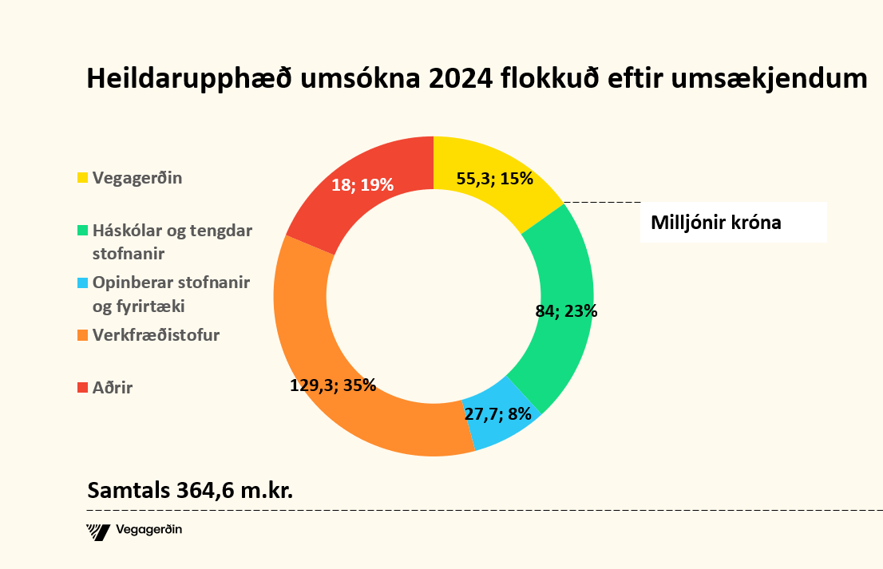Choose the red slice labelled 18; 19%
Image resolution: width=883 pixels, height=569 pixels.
tap(351, 200)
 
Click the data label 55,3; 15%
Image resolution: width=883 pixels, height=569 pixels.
tap(494, 179)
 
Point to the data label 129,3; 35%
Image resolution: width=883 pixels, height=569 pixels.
tap(332, 385)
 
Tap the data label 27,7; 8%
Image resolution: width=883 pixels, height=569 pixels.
tap(499, 414)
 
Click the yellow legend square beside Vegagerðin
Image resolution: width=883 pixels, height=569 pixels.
tap(82, 178)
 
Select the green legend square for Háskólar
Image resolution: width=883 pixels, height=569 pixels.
tap(82, 231)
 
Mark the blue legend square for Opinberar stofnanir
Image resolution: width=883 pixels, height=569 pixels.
tap(82, 283)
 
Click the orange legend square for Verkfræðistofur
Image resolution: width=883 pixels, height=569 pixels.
tap(82, 336)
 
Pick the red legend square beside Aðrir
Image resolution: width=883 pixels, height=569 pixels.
tap(82, 389)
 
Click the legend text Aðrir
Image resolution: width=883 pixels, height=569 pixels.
tap(113, 389)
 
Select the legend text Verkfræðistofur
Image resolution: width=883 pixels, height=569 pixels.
tap(156, 336)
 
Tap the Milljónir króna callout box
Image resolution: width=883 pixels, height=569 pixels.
tap(732, 223)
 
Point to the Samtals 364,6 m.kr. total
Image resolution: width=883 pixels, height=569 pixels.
tap(190, 489)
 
